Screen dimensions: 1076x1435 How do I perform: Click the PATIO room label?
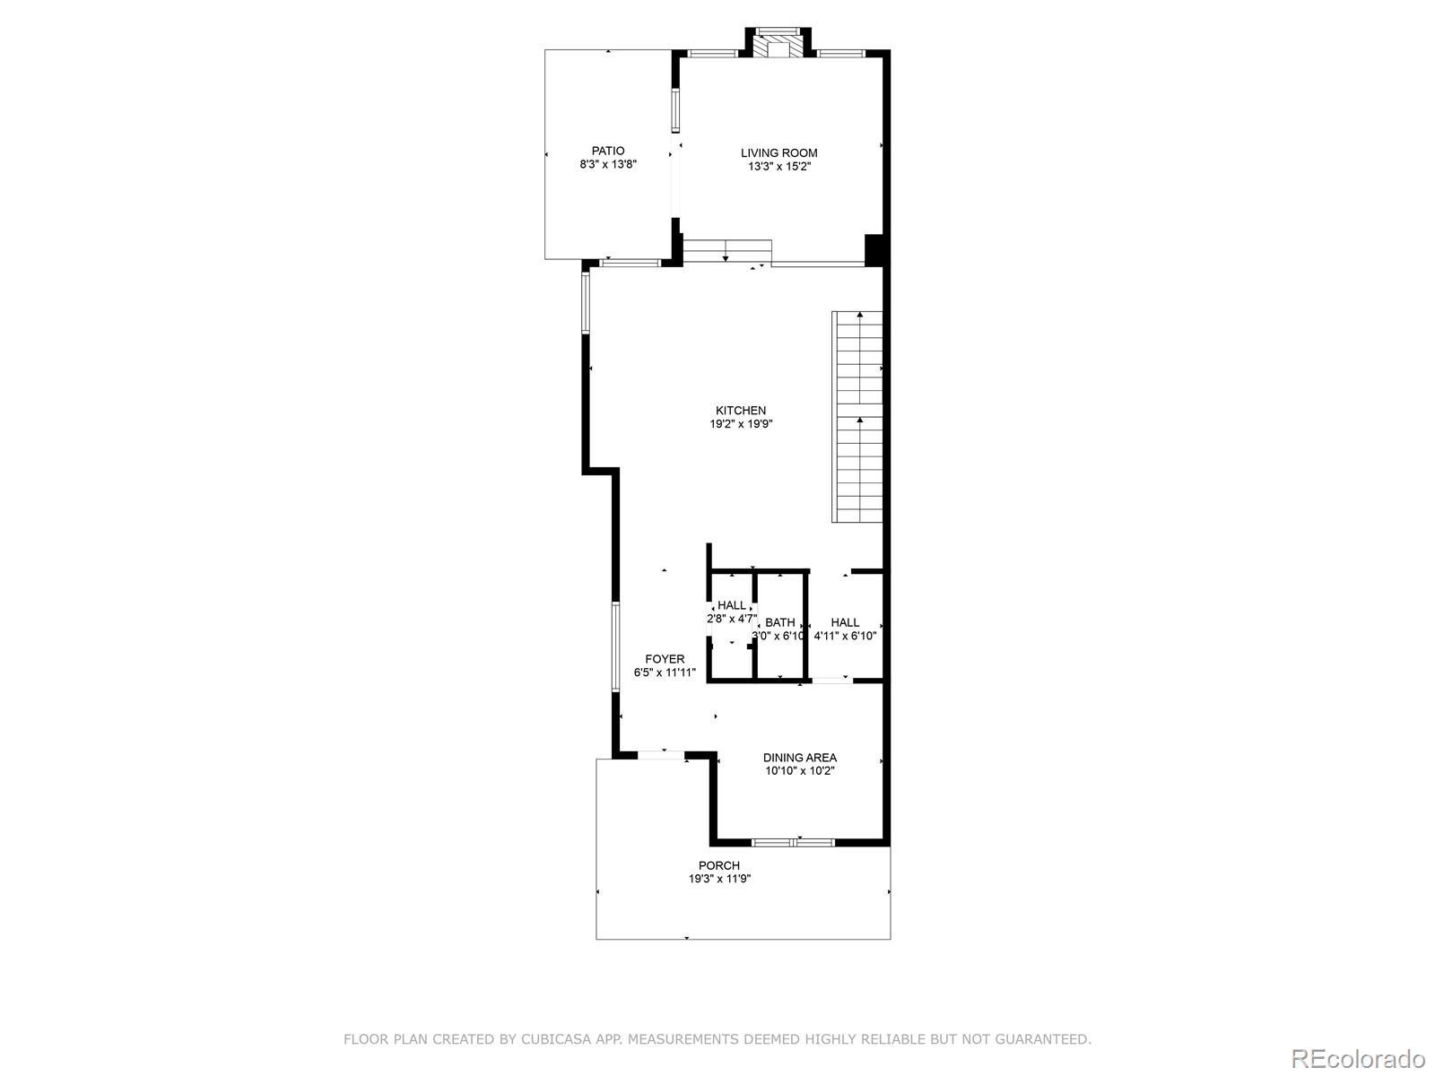pos(607,151)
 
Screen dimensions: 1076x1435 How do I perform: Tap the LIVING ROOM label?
pos(778,152)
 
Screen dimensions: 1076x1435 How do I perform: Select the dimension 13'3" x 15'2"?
pos(778,166)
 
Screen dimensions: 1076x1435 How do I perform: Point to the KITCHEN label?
pos(740,410)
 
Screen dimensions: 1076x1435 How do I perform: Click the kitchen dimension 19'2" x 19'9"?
pos(740,424)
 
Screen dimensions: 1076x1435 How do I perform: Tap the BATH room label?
pos(779,622)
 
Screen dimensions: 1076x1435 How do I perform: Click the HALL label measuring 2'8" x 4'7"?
pos(731,605)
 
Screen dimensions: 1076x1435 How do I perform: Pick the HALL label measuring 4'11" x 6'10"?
pos(844,622)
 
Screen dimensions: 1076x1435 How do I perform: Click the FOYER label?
pos(665,659)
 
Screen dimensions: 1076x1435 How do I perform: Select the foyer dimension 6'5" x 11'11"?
pos(665,672)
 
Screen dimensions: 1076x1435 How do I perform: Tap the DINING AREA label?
pos(799,758)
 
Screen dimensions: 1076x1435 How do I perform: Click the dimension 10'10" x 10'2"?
pos(799,771)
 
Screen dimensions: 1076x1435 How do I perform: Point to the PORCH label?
pos(719,865)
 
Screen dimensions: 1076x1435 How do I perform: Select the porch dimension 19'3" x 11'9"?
pos(719,879)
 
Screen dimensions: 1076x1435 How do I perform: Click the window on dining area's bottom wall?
pos(793,843)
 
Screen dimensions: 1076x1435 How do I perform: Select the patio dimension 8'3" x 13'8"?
pos(607,165)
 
